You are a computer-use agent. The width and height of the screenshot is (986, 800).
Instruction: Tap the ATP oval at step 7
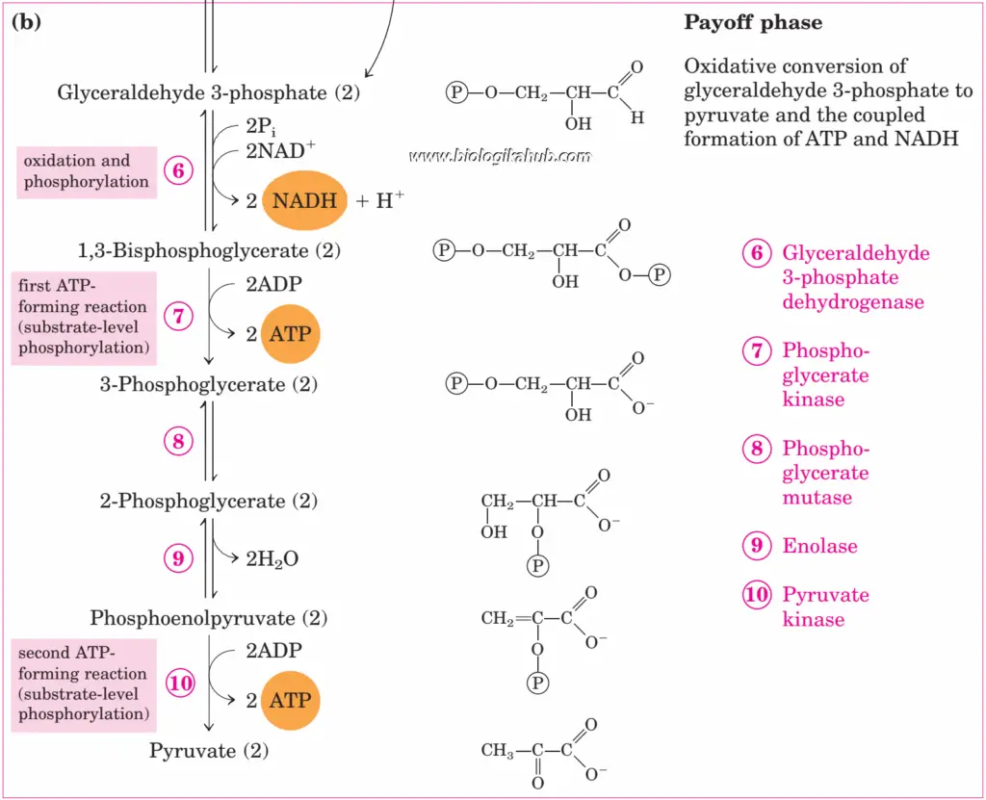click(290, 334)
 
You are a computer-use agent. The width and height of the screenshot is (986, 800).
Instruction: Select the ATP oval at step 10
click(290, 700)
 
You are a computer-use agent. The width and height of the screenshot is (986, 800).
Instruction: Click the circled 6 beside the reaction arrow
click(179, 171)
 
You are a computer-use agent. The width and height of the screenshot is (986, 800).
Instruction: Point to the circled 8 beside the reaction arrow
click(179, 442)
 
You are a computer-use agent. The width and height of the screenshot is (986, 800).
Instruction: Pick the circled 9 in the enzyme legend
click(757, 546)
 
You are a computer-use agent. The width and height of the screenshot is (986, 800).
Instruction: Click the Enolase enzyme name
click(819, 546)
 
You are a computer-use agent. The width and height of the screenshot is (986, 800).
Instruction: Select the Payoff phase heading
click(753, 23)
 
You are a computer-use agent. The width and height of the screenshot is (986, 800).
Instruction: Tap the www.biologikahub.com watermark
click(500, 156)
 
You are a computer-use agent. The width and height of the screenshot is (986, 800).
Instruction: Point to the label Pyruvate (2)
click(208, 750)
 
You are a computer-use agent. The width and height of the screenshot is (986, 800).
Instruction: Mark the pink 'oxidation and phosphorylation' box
click(87, 171)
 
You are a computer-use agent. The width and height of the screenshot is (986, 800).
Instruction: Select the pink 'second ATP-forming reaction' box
click(84, 684)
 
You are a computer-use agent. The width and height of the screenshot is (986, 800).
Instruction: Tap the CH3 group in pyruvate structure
click(498, 751)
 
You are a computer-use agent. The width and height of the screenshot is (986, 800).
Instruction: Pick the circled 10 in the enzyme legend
click(757, 594)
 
